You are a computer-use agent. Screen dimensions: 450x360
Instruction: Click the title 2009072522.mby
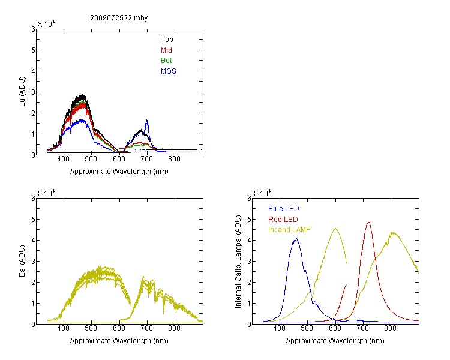pos(119,18)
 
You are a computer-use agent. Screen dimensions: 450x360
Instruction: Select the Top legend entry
pos(167,40)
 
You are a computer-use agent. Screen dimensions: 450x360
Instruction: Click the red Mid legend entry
pos(166,50)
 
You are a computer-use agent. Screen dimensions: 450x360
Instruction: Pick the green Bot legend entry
pos(166,61)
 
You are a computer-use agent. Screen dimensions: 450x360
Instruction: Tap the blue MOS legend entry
pos(169,71)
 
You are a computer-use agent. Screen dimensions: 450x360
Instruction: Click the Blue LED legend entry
pos(284,209)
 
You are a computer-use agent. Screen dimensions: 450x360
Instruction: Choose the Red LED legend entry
pos(283,220)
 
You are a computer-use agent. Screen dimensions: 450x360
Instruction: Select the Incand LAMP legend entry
pos(289,230)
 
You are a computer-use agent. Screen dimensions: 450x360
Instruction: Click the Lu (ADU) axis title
pos(22,92)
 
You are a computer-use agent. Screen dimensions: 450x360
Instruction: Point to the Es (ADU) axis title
pos(22,261)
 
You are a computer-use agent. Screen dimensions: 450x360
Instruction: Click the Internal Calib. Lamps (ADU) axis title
pos(238,262)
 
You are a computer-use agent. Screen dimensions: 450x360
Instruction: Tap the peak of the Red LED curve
pos(368,222)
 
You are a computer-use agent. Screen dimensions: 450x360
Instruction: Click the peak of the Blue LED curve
pos(296,239)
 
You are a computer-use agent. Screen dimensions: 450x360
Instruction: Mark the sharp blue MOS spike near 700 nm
pos(147,120)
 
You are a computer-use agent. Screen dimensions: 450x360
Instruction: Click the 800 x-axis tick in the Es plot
pos(174,328)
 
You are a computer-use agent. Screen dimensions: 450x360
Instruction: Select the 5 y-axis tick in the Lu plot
pos(33,50)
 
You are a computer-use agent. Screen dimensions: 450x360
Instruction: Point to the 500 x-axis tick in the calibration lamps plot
pos(307,328)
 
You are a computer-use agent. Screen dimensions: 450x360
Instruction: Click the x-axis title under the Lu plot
pos(119,172)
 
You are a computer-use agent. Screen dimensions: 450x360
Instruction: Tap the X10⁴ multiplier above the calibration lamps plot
pos(262,193)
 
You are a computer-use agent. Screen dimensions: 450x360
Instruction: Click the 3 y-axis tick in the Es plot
pos(33,262)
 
